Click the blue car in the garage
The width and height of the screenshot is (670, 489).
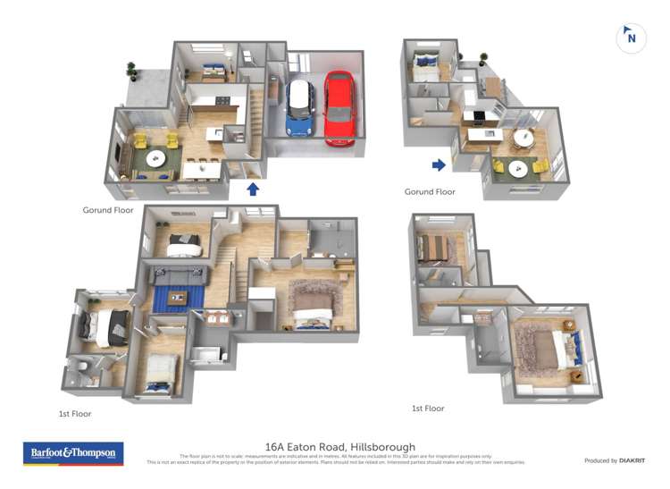click(300, 108)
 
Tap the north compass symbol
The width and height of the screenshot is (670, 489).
click(631, 38)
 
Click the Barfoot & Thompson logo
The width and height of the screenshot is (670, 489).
click(73, 453)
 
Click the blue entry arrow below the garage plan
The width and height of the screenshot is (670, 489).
click(253, 189)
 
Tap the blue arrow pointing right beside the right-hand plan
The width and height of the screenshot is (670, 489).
click(439, 164)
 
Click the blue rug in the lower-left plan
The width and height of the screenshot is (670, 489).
click(179, 296)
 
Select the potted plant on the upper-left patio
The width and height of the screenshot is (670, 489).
click(132, 70)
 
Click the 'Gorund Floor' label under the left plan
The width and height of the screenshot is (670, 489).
click(107, 211)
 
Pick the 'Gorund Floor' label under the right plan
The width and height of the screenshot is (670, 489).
click(430, 192)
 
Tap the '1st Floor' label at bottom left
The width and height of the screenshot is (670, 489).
click(75, 414)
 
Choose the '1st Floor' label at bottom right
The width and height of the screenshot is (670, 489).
click(428, 409)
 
